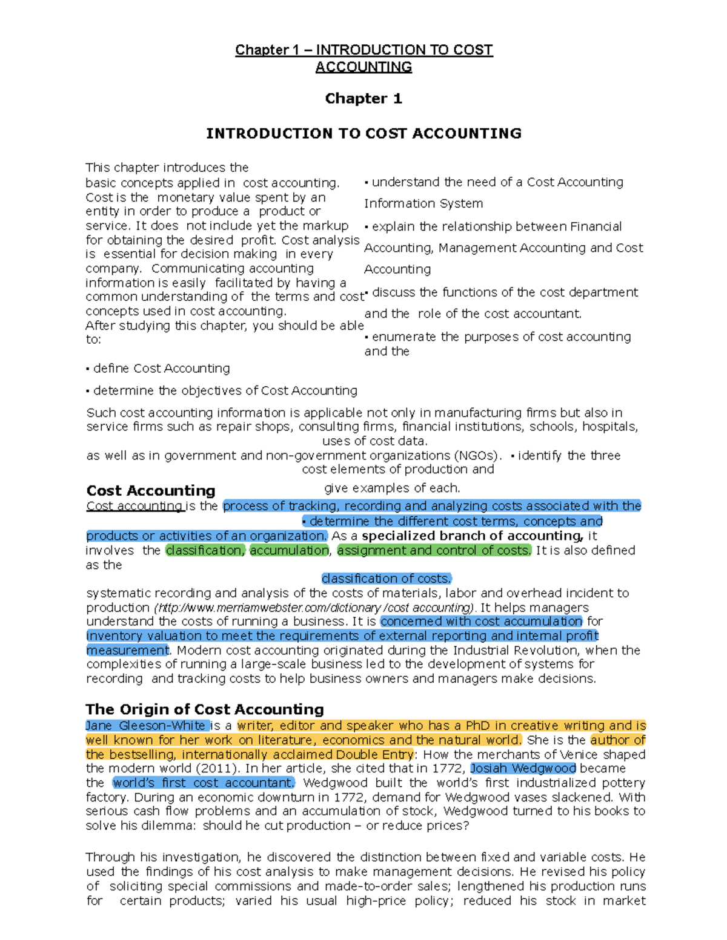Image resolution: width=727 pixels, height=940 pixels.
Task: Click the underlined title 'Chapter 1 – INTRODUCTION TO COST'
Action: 363,50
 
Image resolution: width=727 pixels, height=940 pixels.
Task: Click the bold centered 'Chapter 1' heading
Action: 363,99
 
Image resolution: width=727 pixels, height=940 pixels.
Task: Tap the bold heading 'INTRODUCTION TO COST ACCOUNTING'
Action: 363,133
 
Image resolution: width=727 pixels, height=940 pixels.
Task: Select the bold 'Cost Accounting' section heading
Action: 151,490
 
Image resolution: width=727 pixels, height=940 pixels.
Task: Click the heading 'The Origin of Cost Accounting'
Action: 205,709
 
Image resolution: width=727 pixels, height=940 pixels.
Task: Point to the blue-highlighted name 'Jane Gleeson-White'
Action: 146,725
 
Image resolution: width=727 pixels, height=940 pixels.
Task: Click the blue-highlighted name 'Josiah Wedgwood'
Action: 523,768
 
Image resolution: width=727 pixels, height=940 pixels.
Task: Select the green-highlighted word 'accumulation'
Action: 290,550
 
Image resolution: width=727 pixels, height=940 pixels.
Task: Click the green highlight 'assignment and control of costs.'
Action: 434,550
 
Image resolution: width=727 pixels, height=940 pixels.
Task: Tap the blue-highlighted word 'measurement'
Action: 127,650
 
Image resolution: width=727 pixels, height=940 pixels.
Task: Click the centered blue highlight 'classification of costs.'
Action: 387,579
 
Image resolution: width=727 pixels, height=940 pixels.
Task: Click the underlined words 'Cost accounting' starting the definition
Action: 134,506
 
